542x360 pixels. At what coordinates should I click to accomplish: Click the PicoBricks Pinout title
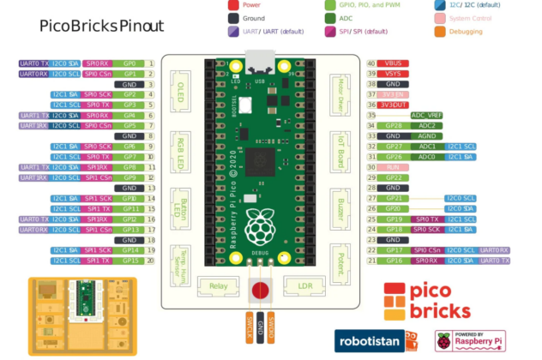pyautogui.click(x=101, y=27)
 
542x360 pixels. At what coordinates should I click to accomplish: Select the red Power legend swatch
pyautogui.click(x=233, y=5)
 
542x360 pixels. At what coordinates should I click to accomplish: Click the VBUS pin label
pyautogui.click(x=393, y=63)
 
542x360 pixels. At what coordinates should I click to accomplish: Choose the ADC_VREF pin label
pyautogui.click(x=426, y=115)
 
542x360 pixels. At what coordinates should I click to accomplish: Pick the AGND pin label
pyautogui.click(x=426, y=136)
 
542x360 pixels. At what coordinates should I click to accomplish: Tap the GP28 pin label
pyautogui.click(x=393, y=126)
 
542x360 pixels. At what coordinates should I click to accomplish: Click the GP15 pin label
pyautogui.click(x=130, y=261)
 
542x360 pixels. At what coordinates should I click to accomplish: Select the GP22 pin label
pyautogui.click(x=393, y=177)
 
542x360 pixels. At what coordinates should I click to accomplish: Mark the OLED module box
pyautogui.click(x=181, y=92)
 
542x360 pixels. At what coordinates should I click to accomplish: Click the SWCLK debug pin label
pyautogui.click(x=250, y=327)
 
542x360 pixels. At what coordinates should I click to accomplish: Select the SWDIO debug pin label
pyautogui.click(x=271, y=327)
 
